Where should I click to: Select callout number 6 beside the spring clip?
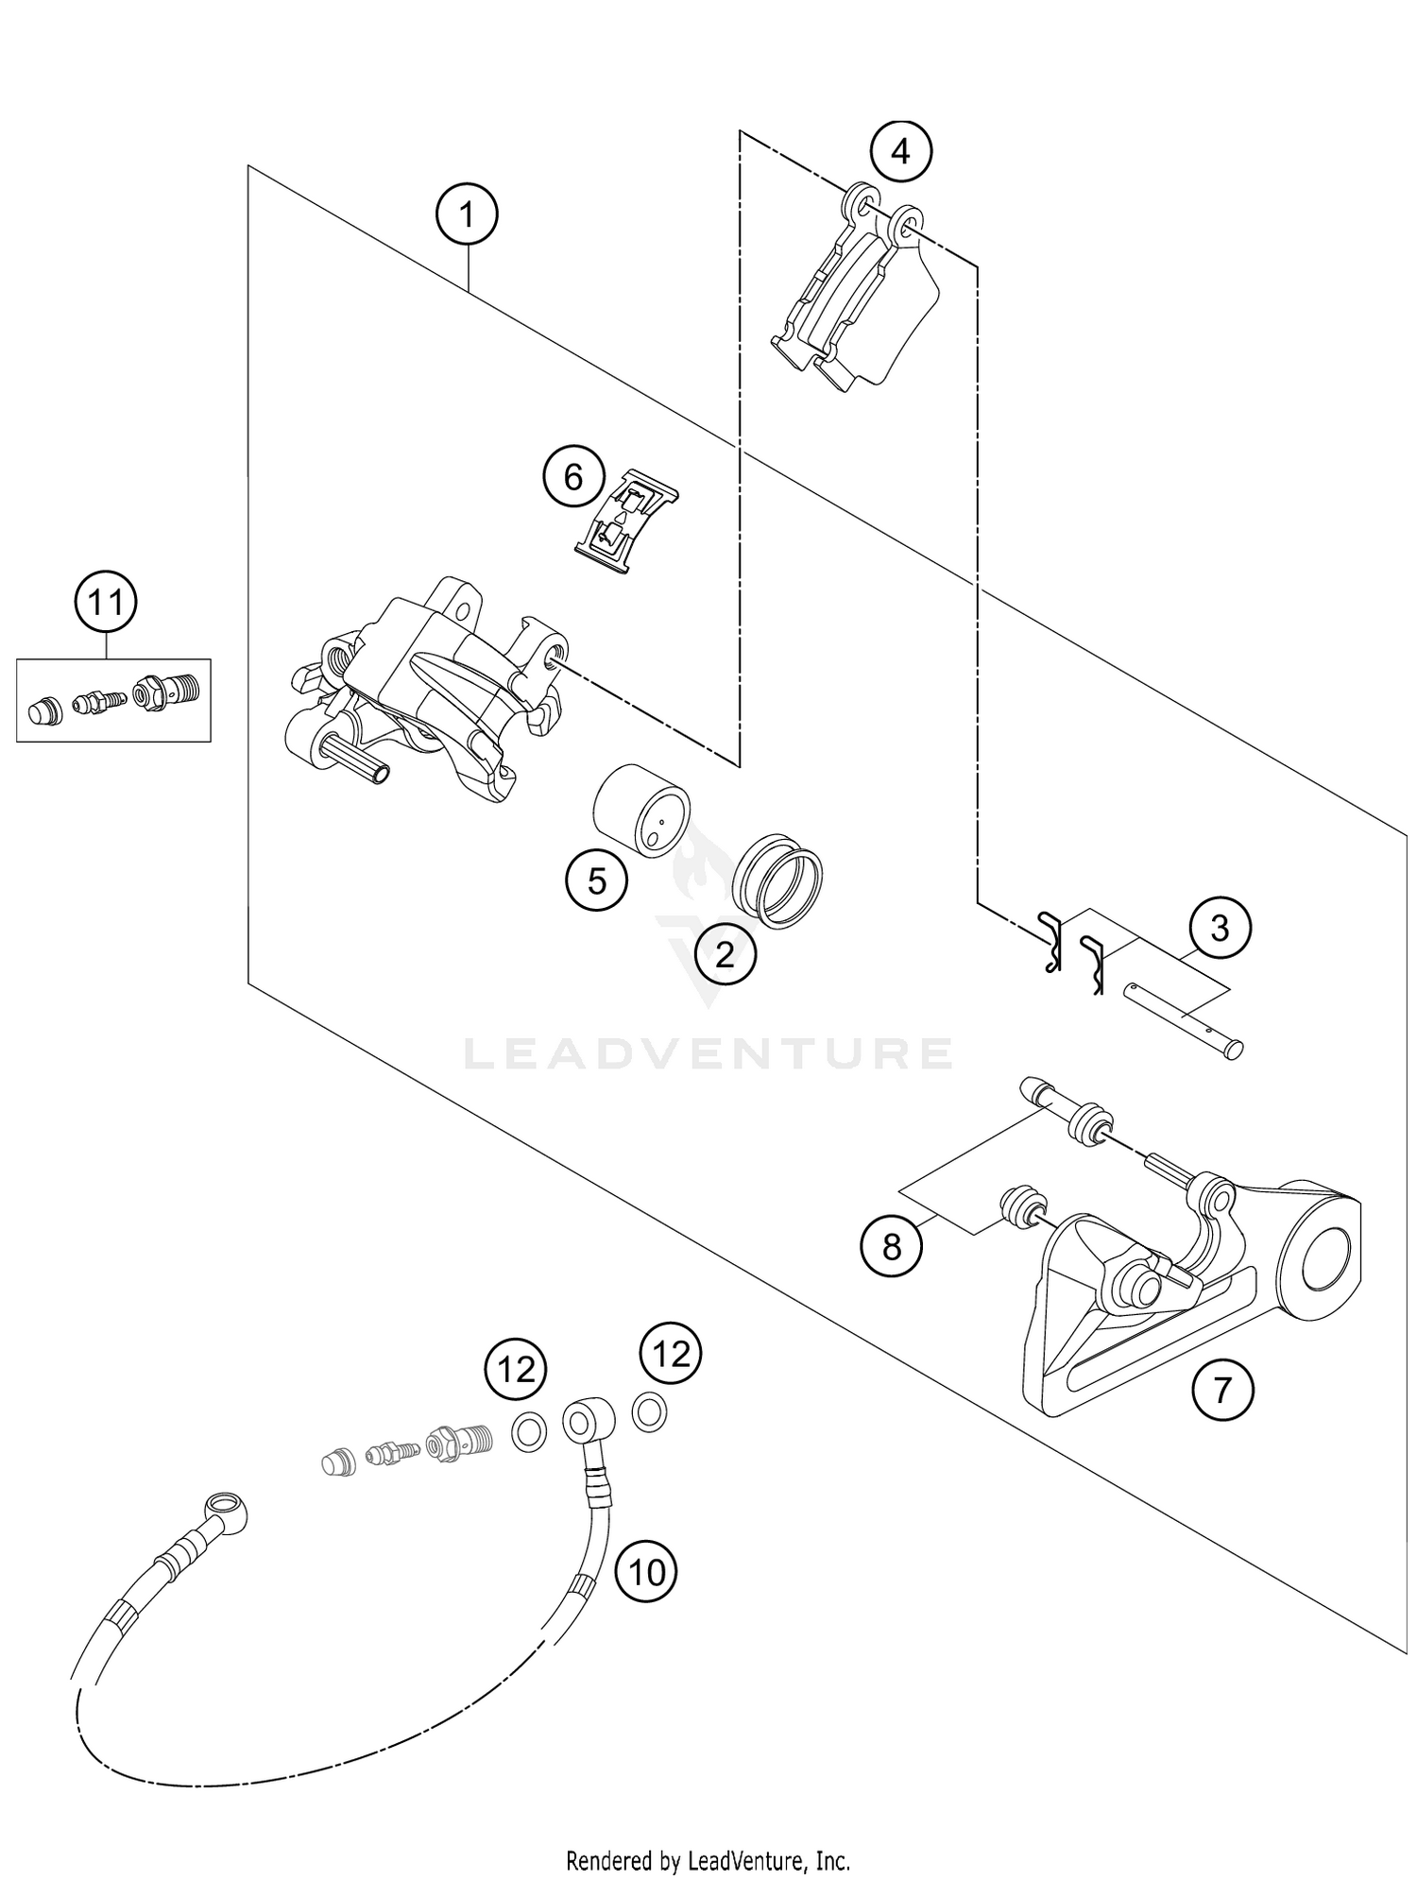coord(573,478)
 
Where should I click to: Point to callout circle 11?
coord(106,602)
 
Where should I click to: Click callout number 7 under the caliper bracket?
coord(1222,1390)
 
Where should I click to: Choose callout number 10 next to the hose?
coord(647,1572)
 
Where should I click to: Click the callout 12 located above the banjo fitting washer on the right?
coord(672,1355)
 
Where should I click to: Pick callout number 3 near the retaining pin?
coord(1220,929)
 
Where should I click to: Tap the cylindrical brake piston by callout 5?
coord(641,809)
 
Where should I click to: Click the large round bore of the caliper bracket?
coord(1330,1261)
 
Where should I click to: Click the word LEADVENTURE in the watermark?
coord(708,1053)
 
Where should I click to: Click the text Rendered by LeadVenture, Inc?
coord(708,1836)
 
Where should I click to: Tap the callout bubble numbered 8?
coord(892,1248)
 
